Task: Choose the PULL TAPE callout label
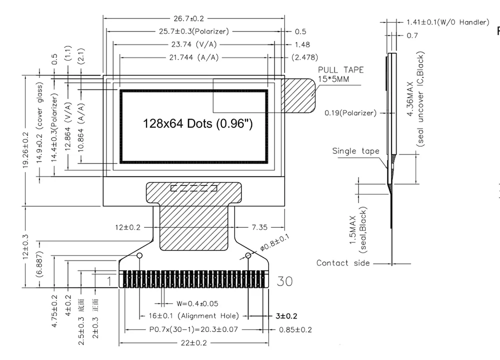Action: tap(341, 69)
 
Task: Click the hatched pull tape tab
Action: tap(299, 94)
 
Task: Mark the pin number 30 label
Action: tap(284, 281)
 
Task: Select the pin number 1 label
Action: tap(109, 281)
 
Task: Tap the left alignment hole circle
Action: tap(139, 256)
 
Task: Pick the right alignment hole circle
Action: tap(248, 256)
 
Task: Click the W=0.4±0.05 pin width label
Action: tap(197, 303)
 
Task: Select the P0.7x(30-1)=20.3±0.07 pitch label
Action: tap(193, 330)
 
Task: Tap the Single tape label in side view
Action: tap(355, 151)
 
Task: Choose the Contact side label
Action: tap(343, 263)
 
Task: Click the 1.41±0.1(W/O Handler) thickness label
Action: tap(446, 22)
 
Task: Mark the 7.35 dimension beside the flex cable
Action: tap(260, 227)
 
